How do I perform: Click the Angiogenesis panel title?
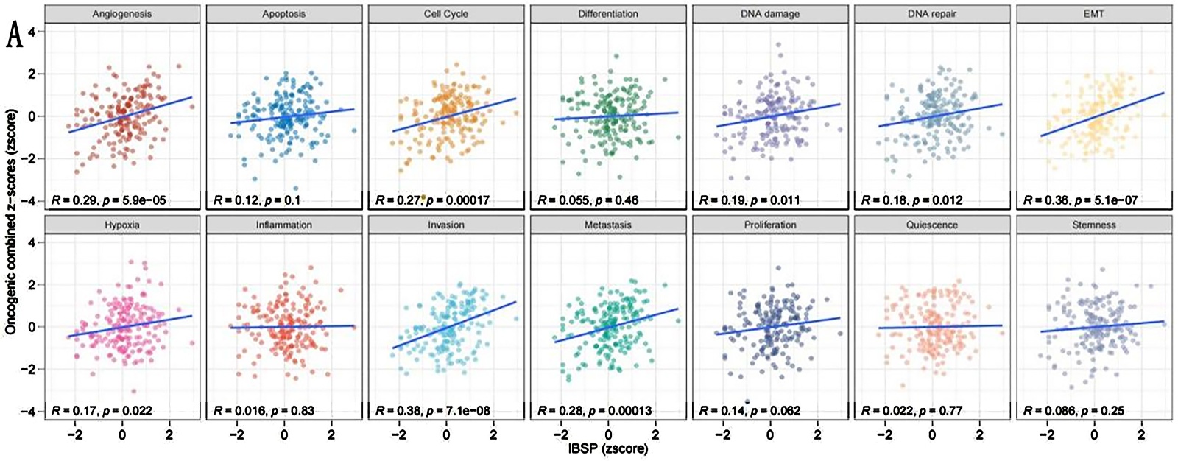pyautogui.click(x=122, y=14)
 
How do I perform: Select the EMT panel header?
pyautogui.click(x=1093, y=14)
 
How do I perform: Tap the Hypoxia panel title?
pyautogui.click(x=122, y=225)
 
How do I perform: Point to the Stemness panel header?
pyautogui.click(x=1093, y=225)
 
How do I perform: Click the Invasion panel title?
pyautogui.click(x=446, y=225)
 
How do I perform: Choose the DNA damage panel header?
pyautogui.click(x=770, y=14)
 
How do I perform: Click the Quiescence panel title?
pyautogui.click(x=932, y=225)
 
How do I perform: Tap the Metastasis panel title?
pyautogui.click(x=608, y=225)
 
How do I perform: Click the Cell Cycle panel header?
pyautogui.click(x=446, y=14)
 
